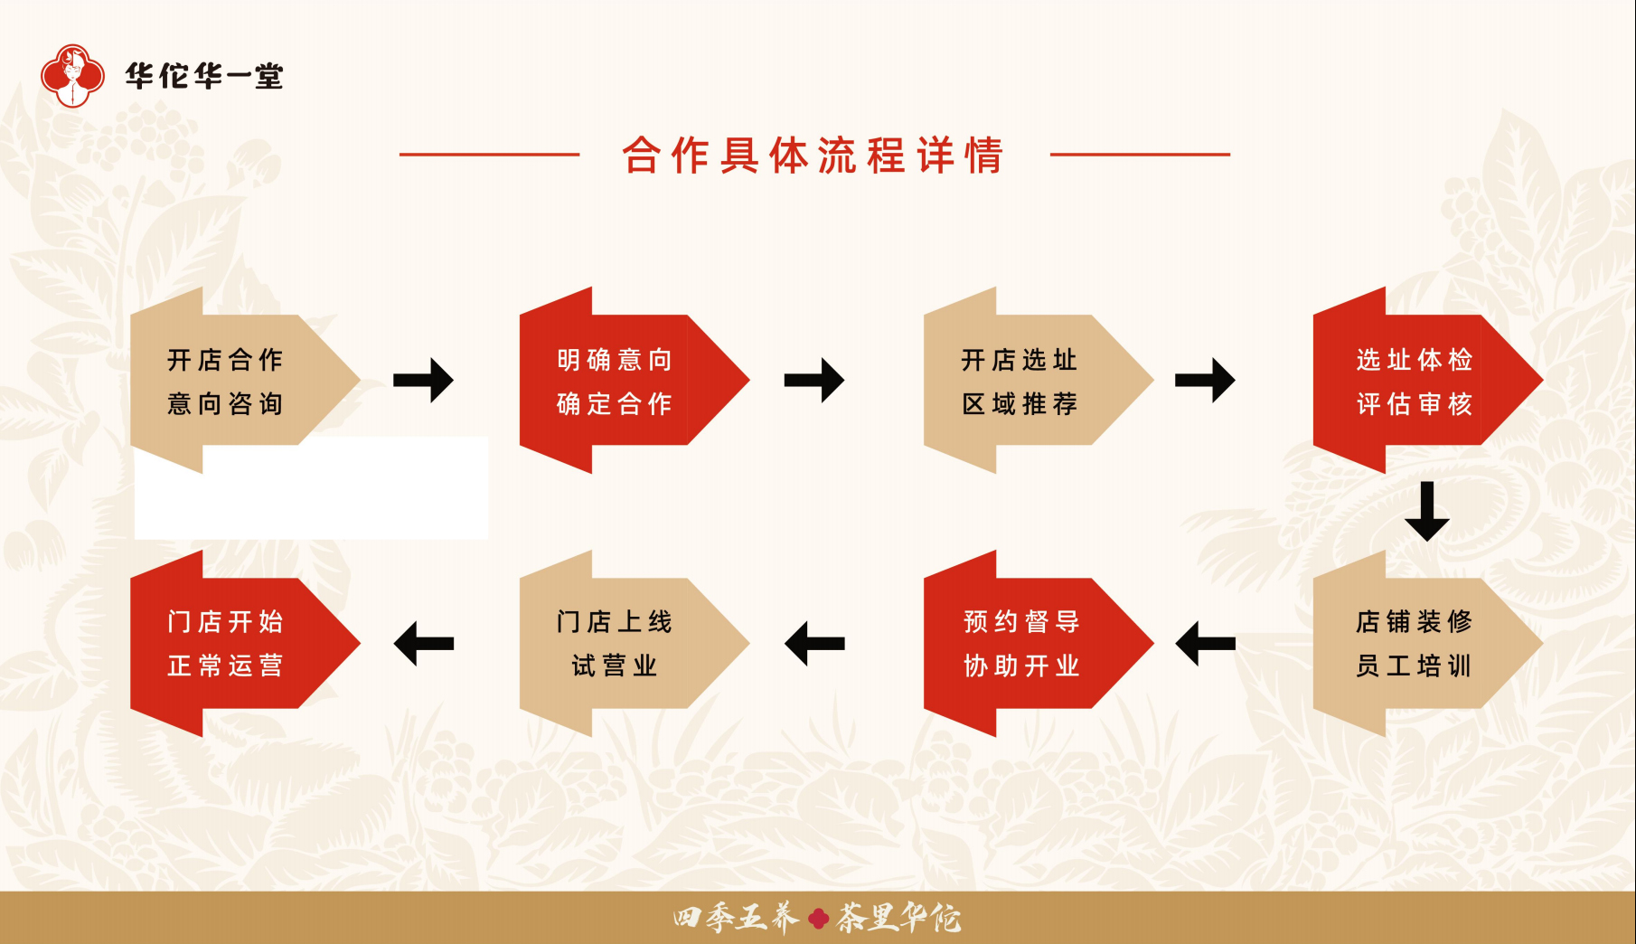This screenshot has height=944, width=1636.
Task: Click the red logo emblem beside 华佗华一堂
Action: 72,76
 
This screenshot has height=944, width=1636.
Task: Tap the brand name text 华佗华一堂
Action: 204,77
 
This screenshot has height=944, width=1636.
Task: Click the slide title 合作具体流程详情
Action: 813,156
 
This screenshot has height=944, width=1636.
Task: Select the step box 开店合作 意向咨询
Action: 226,381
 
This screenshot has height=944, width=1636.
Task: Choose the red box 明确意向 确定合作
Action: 615,381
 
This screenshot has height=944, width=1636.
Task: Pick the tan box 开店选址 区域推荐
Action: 1020,381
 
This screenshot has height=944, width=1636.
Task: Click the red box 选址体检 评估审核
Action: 1414,381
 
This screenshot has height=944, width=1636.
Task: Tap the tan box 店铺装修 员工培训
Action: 1414,644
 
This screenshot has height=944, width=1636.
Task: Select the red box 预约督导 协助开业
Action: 1021,644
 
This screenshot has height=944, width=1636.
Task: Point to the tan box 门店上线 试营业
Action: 615,644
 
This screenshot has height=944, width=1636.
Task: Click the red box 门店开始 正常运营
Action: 226,644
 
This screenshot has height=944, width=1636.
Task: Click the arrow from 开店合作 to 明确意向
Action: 423,380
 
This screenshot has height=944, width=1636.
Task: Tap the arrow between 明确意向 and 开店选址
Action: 813,380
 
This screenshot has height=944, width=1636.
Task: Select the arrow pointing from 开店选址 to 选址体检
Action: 1204,380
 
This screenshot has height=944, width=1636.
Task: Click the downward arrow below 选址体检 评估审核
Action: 1427,511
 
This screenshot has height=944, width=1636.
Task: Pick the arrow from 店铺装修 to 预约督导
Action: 1205,643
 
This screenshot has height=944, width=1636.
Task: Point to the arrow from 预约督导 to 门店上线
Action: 814,643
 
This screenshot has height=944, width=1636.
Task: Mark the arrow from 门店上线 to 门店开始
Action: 424,643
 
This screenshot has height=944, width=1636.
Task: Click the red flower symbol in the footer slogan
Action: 819,919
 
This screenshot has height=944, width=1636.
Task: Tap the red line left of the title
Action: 489,155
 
